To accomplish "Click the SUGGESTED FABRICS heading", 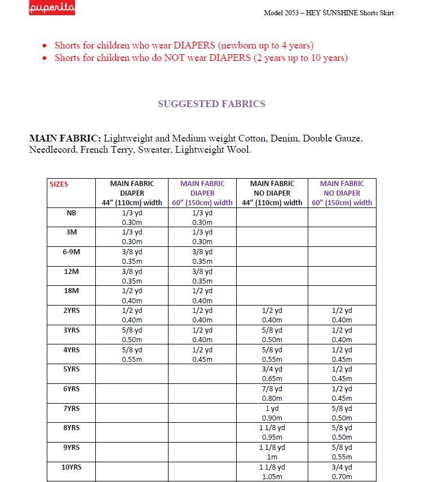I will [x=211, y=104].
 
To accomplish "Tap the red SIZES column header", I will [x=59, y=184].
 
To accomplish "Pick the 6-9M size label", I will [x=72, y=252].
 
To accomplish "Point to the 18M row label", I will [x=72, y=291].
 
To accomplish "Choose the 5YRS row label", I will [x=72, y=369].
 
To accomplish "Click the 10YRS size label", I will [x=72, y=467].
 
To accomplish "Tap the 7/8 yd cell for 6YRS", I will [x=272, y=393].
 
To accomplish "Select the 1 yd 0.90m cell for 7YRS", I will [x=272, y=413].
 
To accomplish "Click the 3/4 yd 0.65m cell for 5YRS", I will [x=272, y=374].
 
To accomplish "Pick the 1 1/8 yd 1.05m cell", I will [x=272, y=472].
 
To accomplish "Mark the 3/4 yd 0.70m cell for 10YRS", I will [x=342, y=472].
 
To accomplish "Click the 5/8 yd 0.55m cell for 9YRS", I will [x=342, y=452].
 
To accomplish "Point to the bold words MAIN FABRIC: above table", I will [x=65, y=138].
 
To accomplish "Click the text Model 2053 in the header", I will [x=282, y=13].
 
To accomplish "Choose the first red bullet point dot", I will [x=45, y=46].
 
